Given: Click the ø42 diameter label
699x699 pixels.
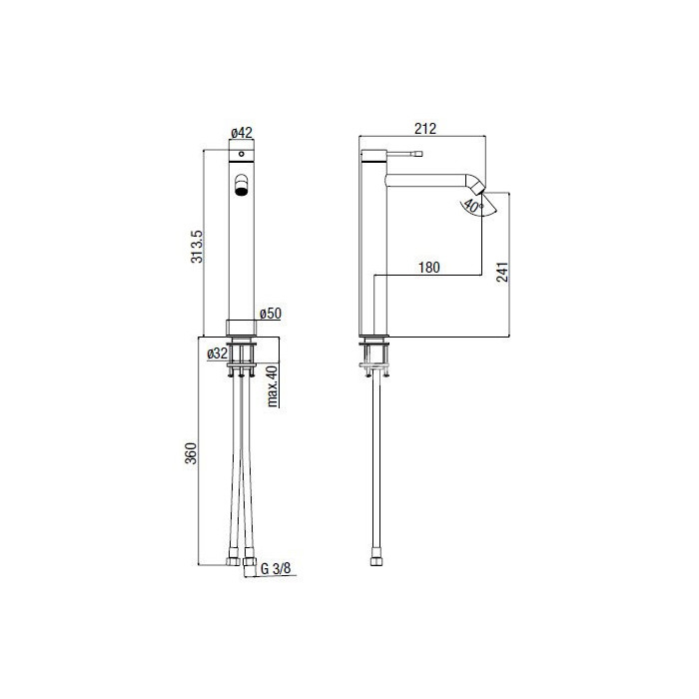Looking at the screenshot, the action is (242, 133).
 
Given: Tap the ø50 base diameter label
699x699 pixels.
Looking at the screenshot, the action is (271, 314).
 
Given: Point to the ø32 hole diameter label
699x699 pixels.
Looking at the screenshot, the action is (218, 353).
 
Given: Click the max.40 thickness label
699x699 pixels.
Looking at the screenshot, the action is (273, 385).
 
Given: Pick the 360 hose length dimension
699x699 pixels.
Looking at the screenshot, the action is (191, 453).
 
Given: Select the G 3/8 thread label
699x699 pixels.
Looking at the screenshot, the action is (276, 568).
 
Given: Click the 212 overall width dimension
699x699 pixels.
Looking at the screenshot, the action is (425, 129).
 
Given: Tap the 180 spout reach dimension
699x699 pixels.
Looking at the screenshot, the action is (428, 268).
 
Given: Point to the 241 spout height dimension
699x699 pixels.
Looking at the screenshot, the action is (502, 272).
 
